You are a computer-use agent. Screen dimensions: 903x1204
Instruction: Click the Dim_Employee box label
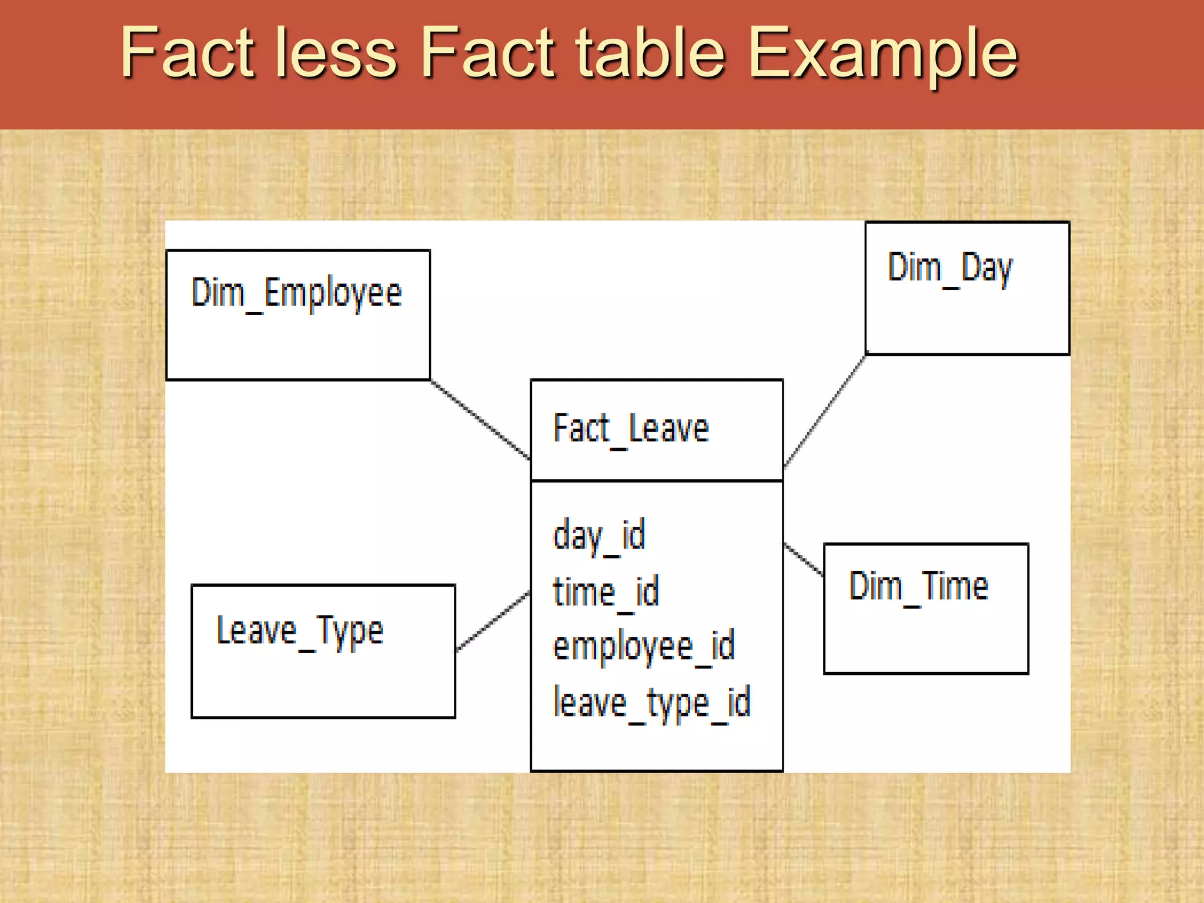(x=296, y=293)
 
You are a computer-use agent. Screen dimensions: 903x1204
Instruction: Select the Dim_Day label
(x=950, y=268)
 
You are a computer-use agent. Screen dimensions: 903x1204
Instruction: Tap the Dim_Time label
(x=918, y=586)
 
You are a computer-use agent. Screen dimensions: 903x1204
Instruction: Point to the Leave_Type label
(x=300, y=631)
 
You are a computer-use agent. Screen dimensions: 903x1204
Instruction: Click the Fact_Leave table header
(x=631, y=429)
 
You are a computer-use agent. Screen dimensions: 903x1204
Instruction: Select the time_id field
(x=606, y=591)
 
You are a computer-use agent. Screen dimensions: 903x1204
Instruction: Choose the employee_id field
(x=644, y=646)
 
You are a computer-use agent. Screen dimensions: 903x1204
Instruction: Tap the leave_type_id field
(x=651, y=703)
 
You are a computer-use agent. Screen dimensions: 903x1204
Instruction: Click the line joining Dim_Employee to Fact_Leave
(x=480, y=419)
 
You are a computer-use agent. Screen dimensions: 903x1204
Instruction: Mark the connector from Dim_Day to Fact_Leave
(x=825, y=411)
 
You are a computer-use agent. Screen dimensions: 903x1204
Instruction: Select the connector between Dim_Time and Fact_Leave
(x=804, y=558)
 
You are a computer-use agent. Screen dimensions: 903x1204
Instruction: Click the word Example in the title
(x=882, y=54)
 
